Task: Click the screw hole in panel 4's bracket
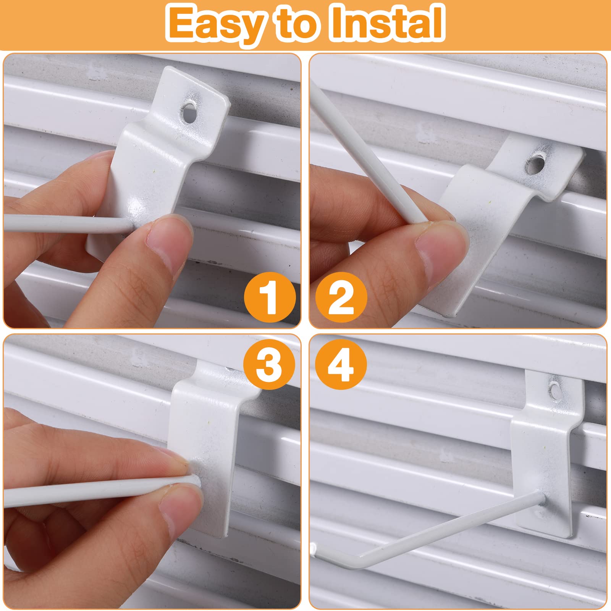point(553,390)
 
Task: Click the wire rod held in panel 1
point(67,223)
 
